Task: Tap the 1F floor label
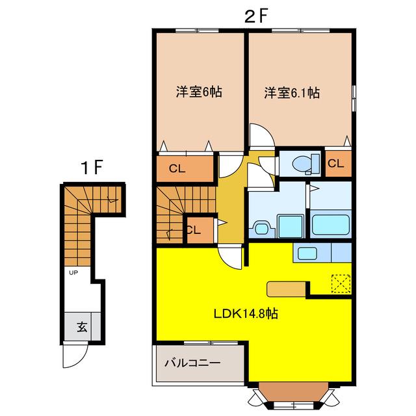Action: tap(92, 168)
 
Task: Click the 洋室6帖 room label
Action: tap(199, 92)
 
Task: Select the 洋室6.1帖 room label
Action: tap(292, 93)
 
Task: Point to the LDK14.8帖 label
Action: tap(246, 313)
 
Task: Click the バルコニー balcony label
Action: tap(192, 363)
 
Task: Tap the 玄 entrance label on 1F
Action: tap(82, 326)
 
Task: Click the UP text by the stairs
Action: tap(73, 272)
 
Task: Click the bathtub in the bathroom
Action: tap(331, 224)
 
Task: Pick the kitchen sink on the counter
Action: tap(307, 253)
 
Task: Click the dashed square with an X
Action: tap(341, 283)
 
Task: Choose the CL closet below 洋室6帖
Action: tap(185, 168)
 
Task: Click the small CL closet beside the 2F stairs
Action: tap(200, 229)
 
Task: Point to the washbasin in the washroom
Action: tap(261, 228)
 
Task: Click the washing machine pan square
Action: tap(291, 226)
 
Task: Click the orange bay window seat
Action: tap(294, 391)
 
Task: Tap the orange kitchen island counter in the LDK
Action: tap(286, 289)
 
